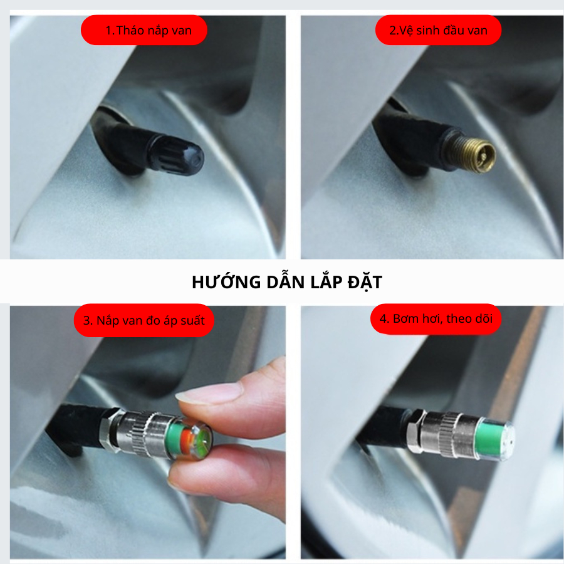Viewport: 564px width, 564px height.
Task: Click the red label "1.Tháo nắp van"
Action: click(x=144, y=30)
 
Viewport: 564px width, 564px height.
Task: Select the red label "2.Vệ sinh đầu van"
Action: click(x=438, y=30)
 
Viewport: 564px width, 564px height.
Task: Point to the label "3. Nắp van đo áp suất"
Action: click(x=144, y=320)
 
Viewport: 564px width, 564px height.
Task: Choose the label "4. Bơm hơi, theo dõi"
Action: click(x=436, y=319)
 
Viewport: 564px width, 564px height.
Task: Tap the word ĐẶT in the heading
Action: click(x=365, y=283)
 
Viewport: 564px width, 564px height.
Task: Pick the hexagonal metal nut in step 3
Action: click(x=108, y=429)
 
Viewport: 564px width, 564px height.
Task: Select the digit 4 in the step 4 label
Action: click(x=384, y=319)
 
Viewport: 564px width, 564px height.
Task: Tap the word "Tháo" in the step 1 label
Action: click(x=130, y=30)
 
